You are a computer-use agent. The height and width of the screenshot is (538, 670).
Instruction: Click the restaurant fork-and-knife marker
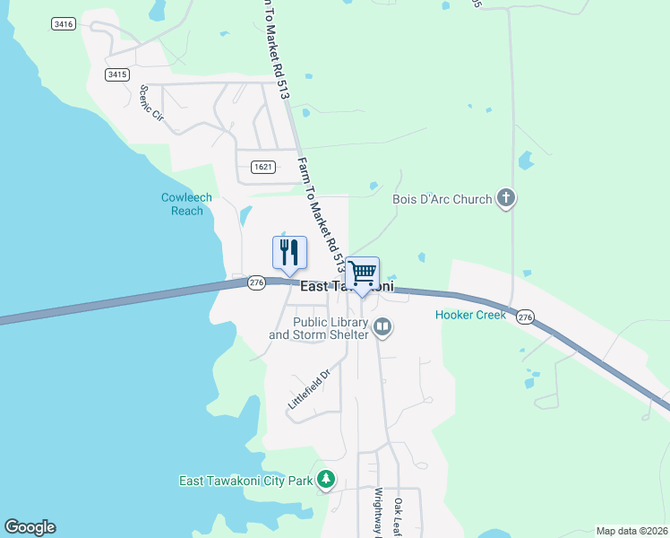pos(289,253)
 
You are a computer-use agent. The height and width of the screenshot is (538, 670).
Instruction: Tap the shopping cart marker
pos(363,273)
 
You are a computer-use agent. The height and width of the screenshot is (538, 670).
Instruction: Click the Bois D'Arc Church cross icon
pos(506,199)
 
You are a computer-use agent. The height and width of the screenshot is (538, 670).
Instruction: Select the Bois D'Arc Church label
pos(442,199)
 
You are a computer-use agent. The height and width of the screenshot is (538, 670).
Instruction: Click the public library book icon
pos(383,327)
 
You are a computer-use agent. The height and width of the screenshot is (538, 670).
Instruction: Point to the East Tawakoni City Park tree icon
pos(327,481)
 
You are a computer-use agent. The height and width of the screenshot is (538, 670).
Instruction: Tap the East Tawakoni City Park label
pos(246,482)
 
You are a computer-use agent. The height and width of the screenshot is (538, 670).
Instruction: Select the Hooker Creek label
pos(471,315)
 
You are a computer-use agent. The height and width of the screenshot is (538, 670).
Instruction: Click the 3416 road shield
pos(63,24)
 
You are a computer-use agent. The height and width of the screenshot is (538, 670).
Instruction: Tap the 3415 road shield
pos(116,74)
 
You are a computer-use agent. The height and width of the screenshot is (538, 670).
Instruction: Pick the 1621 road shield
pos(262,167)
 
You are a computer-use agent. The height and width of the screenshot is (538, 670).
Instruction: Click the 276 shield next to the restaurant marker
pos(257,283)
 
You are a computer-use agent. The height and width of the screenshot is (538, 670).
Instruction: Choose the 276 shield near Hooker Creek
pos(525,317)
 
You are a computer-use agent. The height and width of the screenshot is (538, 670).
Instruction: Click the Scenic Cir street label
pos(152,103)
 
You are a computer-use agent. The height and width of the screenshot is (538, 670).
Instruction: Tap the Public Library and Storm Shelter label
pos(319,328)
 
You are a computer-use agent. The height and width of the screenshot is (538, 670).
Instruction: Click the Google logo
pos(30,527)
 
